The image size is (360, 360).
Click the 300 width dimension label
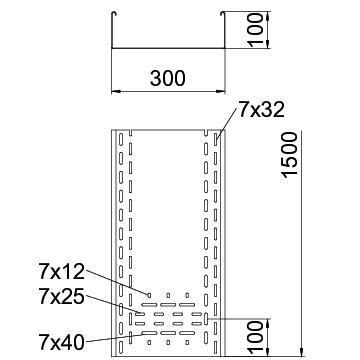coord(167,79)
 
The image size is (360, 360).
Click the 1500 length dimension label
coord(289,155)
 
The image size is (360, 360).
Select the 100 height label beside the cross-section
coord(256,29)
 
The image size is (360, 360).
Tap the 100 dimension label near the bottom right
coord(256,337)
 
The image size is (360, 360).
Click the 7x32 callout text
coord(261,110)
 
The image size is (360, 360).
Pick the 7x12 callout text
coord(62,271)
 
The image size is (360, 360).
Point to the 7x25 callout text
coord(62,297)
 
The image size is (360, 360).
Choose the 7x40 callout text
coord(62,342)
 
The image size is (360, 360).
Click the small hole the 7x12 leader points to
coord(149,295)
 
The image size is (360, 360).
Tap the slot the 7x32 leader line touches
coord(216,139)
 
